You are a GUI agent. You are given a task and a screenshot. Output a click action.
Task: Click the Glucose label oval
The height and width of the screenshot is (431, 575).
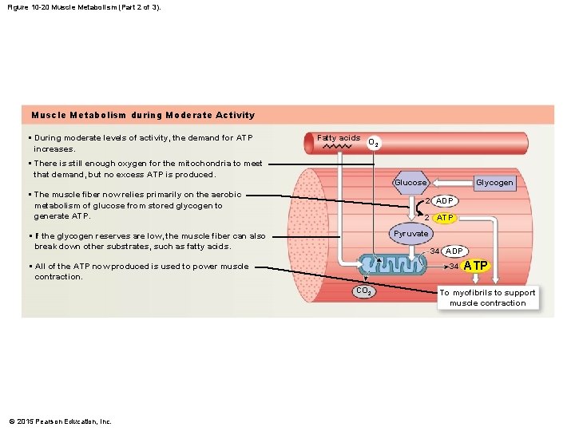(410, 183)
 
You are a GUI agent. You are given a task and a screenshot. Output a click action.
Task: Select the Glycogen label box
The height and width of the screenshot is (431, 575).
(494, 183)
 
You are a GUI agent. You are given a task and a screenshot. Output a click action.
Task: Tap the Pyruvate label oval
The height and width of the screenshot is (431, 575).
(410, 233)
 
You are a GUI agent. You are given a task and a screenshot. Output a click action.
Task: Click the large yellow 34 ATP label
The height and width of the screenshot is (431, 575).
(477, 266)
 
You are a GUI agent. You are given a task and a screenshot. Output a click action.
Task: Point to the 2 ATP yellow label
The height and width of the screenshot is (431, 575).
(445, 217)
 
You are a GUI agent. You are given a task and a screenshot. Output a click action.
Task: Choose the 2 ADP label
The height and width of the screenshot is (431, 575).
(445, 200)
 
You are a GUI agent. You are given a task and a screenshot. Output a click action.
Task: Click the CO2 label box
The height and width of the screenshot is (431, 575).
(363, 292)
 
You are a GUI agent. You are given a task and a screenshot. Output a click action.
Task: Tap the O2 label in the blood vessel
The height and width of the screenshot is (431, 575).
(373, 144)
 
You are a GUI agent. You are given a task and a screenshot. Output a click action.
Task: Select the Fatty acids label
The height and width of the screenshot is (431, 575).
(339, 138)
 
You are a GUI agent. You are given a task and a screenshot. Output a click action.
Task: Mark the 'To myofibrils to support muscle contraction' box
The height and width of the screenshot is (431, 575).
(487, 298)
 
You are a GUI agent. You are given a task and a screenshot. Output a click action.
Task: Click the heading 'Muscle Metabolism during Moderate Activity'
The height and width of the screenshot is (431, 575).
(142, 115)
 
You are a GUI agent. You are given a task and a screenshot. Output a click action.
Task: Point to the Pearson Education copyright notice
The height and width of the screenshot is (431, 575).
(60, 421)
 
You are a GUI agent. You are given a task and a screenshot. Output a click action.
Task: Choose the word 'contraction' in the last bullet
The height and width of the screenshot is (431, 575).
(58, 277)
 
